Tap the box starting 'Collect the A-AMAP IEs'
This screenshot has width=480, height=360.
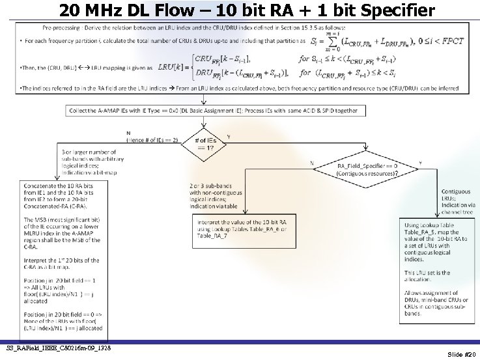tap(212, 111)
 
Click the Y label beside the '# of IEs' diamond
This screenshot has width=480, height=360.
tap(229, 137)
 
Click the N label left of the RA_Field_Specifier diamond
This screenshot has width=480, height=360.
tap(313, 163)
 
